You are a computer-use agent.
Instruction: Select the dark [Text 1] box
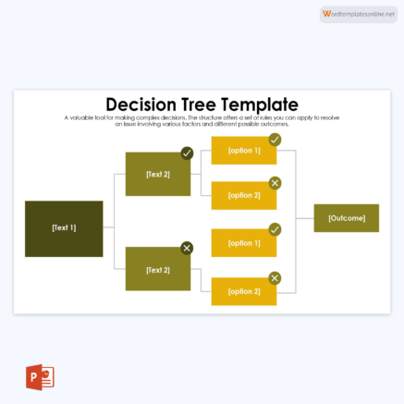pyautogui.click(x=64, y=228)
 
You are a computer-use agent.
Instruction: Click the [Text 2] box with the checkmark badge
pyautogui.click(x=157, y=174)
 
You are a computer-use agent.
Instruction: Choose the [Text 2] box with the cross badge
pyautogui.click(x=157, y=270)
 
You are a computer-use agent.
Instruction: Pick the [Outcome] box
pyautogui.click(x=346, y=218)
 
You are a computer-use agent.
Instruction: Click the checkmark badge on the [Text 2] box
pyautogui.click(x=187, y=153)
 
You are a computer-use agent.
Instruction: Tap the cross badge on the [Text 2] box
pyautogui.click(x=187, y=248)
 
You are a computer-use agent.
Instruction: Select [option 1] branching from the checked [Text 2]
pyautogui.click(x=244, y=151)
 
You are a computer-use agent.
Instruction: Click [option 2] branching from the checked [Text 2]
pyautogui.click(x=244, y=195)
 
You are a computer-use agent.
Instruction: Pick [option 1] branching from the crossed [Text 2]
pyautogui.click(x=244, y=243)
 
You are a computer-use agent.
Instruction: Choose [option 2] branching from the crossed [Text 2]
pyautogui.click(x=244, y=291)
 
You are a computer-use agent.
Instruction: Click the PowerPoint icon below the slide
pyautogui.click(x=41, y=377)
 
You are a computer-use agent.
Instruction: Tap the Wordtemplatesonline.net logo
pyautogui.click(x=358, y=14)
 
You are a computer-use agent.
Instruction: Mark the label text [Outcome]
pyautogui.click(x=346, y=218)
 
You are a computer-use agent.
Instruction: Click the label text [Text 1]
pyautogui.click(x=64, y=228)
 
